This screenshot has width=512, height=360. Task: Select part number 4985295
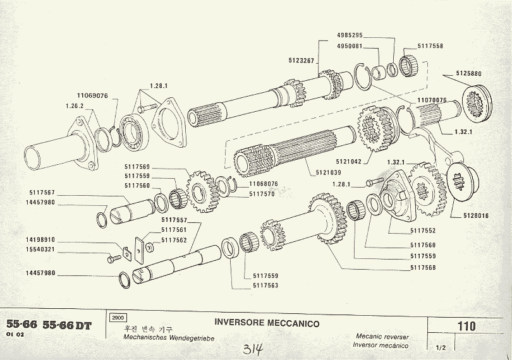point(349,36)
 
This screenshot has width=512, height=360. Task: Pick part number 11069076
point(93,96)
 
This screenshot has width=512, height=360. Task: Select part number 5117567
point(42,193)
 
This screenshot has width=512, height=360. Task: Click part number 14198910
point(40,240)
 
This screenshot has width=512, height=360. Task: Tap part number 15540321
point(40,249)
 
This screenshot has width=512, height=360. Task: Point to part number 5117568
point(424,267)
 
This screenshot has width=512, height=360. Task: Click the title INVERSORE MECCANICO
point(267,323)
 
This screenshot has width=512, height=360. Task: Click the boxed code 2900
point(118,318)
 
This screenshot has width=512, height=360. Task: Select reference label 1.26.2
point(75,107)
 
